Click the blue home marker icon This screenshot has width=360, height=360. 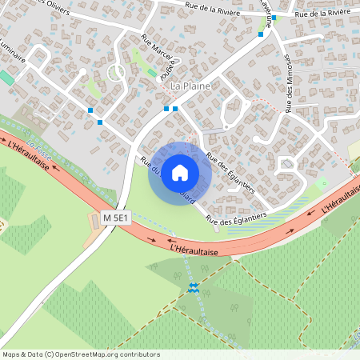[180, 173]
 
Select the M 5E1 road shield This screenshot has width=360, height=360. [116, 217]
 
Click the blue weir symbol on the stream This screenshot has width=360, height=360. [193, 287]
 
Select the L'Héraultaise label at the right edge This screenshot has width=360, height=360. [341, 198]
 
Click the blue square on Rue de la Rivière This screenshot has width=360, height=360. [274, 18]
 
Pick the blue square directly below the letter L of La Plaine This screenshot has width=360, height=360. [174, 109]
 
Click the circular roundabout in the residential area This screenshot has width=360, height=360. [116, 73]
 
